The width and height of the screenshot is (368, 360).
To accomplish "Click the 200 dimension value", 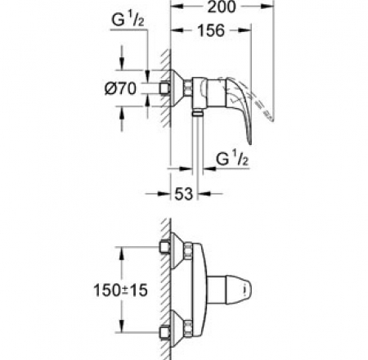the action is coord(222,7).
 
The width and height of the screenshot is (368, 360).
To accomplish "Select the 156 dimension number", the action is coord(211,30).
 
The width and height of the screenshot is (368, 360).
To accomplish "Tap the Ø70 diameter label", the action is coord(120,88).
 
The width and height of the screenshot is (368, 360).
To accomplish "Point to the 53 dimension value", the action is coord(183,194).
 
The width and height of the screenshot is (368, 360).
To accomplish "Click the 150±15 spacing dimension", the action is coord(120,290).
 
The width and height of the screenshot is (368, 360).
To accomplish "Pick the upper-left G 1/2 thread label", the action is coord(128,20).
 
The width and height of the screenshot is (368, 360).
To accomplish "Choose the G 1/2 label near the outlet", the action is coord(232,159).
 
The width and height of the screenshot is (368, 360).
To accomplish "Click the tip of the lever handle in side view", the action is coord(249,143).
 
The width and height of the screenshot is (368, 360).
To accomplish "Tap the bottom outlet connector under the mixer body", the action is coord(197,113).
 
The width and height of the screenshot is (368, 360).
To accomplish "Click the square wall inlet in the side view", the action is coord(164,88).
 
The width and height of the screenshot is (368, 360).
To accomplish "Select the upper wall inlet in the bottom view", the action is coord(164,247).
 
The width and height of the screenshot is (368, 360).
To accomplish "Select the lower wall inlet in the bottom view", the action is coord(164,332).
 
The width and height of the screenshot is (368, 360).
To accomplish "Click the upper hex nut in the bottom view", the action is coord(188,250).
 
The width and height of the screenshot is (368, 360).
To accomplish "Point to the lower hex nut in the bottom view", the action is coord(188,328).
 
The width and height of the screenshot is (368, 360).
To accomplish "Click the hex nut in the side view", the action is coord(187,88).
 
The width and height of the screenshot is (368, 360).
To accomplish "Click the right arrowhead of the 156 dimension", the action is coord(245,30).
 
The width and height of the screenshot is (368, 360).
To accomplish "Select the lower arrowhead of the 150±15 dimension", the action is coord(121,326).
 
